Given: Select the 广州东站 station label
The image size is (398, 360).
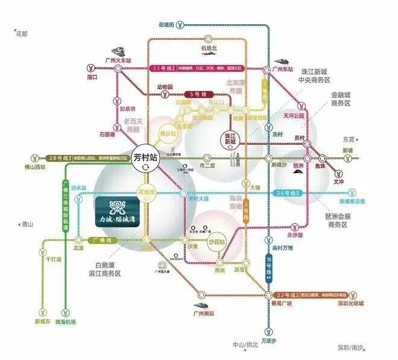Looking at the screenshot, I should click(283, 69).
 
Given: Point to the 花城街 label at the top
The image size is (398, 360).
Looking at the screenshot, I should click(166, 25).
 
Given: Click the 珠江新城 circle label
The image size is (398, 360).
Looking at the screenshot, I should click(230, 138).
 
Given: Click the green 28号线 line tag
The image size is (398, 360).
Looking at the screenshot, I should click(58, 157).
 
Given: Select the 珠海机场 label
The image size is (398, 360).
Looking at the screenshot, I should click(66, 322).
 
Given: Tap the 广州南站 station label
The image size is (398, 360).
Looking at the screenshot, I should click(205, 314).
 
